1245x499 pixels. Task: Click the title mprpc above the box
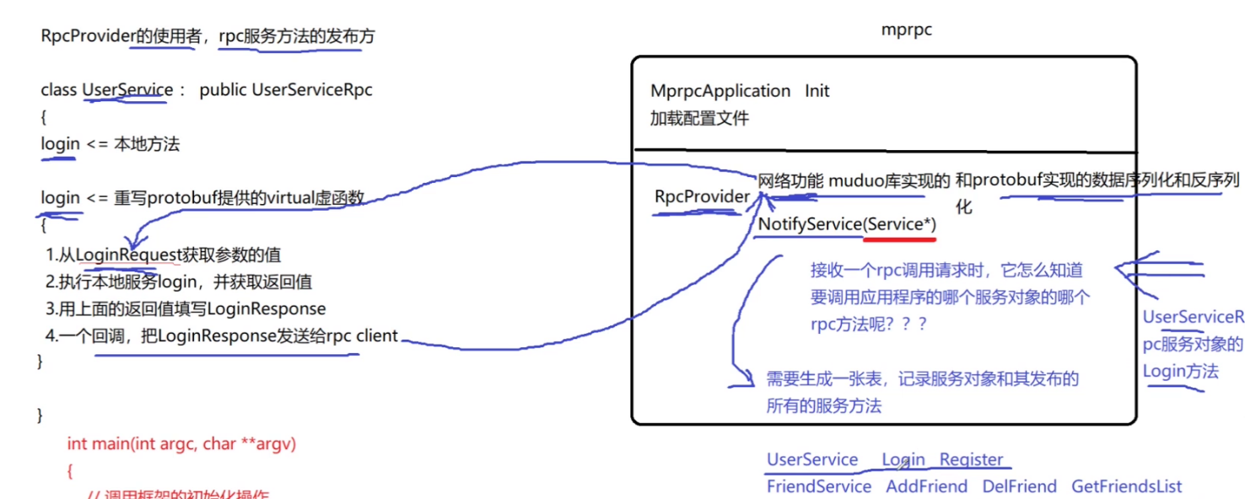[906, 30]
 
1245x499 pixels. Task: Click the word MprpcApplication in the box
[720, 91]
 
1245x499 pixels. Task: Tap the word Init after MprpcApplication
[817, 91]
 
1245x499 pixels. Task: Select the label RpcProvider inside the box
[702, 196]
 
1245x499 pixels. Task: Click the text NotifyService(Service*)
[846, 225]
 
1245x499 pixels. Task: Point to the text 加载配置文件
[698, 118]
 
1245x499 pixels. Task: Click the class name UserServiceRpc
[312, 90]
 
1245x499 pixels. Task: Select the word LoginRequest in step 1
[128, 255]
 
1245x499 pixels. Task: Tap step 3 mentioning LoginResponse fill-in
[186, 309]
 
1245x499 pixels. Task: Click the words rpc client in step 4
[364, 335]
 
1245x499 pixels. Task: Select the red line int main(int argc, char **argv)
[181, 443]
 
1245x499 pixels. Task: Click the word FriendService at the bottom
[818, 486]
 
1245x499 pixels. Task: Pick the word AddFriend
[926, 486]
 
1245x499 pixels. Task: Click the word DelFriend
[1019, 486]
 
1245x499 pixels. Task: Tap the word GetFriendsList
[1126, 486]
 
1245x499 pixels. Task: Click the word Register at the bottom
[971, 460]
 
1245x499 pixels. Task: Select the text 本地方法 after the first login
[147, 144]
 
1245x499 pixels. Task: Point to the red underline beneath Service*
[900, 239]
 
